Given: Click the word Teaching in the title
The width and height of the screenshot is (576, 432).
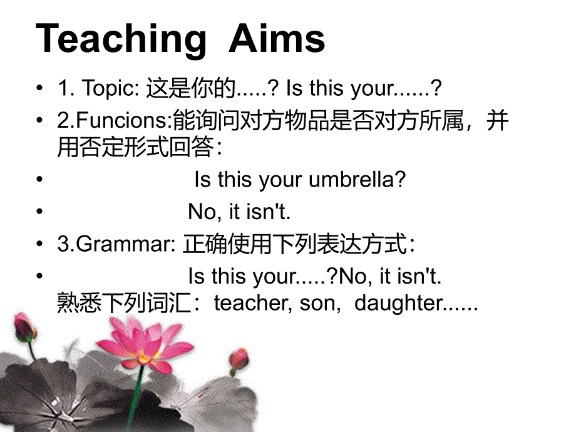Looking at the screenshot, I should tap(121, 39).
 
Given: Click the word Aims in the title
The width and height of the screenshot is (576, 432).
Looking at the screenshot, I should tap(277, 39).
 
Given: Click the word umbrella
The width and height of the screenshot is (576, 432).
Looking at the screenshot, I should tap(357, 180).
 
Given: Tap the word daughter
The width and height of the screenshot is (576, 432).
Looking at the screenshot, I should tap(398, 304).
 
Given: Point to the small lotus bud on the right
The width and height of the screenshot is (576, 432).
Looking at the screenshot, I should tap(238, 359).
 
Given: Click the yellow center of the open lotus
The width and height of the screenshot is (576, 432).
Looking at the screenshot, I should tap(145, 358).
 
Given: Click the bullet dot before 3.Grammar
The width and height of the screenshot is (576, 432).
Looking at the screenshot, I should tap(41, 244).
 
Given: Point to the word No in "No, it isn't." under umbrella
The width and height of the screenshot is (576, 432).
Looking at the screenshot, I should tap(201, 212).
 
